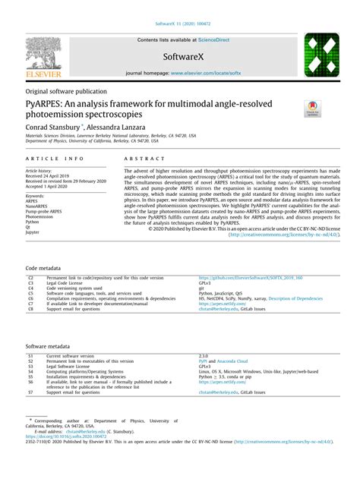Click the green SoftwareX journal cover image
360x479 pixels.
tap(321, 55)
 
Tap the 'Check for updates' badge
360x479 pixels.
tap(312, 108)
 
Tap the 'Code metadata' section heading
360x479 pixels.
tap(43, 269)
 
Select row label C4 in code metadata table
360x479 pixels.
tap(31, 288)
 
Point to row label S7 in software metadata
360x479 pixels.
tap(30, 393)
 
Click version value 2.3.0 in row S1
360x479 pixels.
tap(204, 355)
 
